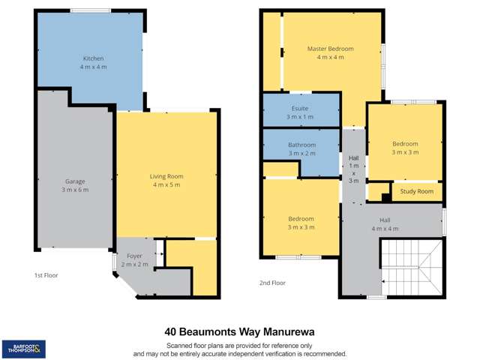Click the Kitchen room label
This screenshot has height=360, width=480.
click(x=94, y=58)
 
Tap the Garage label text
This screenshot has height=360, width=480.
click(x=75, y=181)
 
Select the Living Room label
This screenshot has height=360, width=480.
click(x=166, y=176)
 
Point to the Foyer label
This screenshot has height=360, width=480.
click(x=134, y=256)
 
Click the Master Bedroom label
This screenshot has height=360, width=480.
click(x=330, y=49)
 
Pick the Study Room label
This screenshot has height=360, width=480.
click(x=417, y=191)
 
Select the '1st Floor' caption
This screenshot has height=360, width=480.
click(x=46, y=275)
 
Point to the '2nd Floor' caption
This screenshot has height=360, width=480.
click(x=273, y=283)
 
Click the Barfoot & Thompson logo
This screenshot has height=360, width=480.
click(x=23, y=348)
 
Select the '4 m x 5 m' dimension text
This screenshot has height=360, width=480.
click(x=166, y=184)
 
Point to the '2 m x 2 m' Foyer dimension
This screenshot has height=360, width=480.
click(x=134, y=264)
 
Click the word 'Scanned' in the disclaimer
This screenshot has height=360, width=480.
click(x=181, y=344)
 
